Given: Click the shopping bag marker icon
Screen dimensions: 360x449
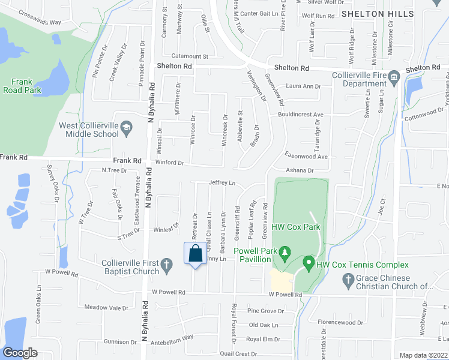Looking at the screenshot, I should [195, 253].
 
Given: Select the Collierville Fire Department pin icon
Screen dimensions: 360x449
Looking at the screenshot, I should [394, 76].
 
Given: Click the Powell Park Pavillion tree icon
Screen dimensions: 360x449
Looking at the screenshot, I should [285, 251].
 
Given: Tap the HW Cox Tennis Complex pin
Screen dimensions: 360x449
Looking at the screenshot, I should [309, 263].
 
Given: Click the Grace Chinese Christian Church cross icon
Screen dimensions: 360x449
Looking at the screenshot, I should [346, 279].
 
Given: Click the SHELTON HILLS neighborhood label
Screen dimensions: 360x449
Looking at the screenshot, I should [377, 13].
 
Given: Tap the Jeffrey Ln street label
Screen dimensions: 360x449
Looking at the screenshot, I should [221, 182].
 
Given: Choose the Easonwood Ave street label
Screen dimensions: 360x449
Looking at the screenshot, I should [306, 156].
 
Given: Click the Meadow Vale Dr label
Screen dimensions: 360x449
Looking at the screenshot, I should [106, 308].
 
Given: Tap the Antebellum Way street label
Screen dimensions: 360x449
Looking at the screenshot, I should [172, 338].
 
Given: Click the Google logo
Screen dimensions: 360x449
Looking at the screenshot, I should [20, 353].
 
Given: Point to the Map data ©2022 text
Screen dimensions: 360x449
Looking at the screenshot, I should [424, 355].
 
